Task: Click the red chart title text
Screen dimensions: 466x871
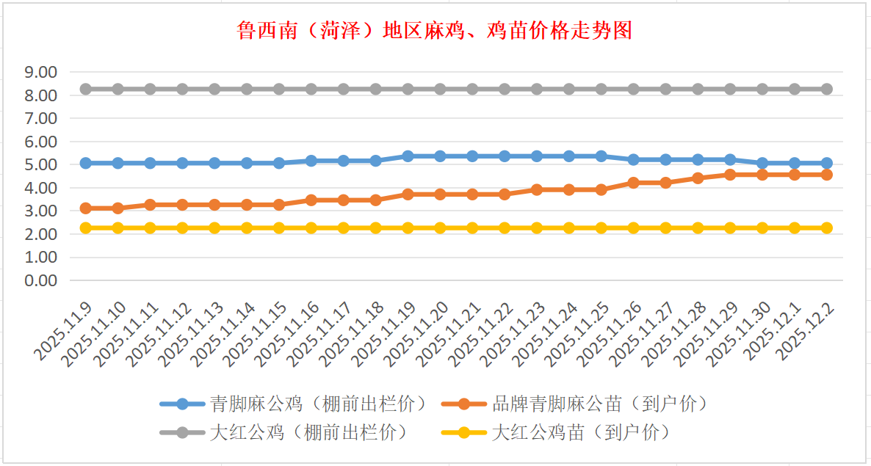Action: pyautogui.click(x=435, y=31)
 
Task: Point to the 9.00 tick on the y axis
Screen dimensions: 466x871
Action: pyautogui.click(x=40, y=72)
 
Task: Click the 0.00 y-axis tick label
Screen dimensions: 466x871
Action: pyautogui.click(x=40, y=280)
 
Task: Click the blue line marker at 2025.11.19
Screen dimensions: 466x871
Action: pyautogui.click(x=408, y=156)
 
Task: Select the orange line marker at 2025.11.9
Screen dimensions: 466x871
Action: pyautogui.click(x=86, y=208)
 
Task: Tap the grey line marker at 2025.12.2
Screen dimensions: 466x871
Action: pyautogui.click(x=827, y=89)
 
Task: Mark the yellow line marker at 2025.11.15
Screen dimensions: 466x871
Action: pyautogui.click(x=279, y=227)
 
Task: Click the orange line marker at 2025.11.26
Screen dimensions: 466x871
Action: pyautogui.click(x=634, y=183)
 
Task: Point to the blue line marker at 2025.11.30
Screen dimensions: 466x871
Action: pyautogui.click(x=762, y=163)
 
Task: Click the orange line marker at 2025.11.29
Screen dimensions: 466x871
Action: pyautogui.click(x=730, y=175)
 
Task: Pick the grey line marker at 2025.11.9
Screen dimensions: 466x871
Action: pyautogui.click(x=86, y=89)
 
